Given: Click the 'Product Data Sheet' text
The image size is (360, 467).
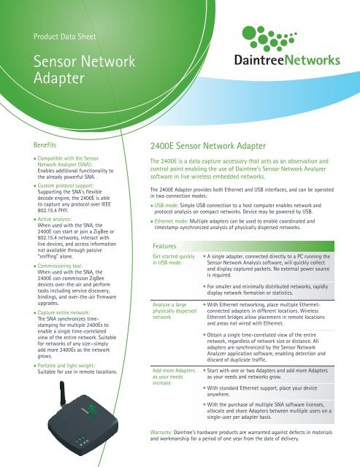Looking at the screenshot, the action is click(65, 36).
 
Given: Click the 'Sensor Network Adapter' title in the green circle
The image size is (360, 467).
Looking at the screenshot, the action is click(84, 69).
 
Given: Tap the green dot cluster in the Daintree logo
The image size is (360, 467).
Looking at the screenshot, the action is click(269, 39).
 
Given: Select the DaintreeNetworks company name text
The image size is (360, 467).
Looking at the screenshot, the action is click(287, 60).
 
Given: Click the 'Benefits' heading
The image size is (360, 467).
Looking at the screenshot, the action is click(45, 145).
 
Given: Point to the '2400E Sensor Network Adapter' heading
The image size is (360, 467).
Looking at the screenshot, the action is click(208, 146).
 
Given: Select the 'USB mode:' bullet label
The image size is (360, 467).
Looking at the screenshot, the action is click(166, 205).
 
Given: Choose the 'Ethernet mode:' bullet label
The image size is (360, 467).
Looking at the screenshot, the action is click(172, 221).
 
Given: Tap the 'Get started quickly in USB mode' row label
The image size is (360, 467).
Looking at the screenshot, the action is click(174, 260).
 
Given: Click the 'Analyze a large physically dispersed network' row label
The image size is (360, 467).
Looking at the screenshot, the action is click(175, 311).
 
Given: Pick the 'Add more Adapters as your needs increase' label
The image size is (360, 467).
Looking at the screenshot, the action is click(174, 377).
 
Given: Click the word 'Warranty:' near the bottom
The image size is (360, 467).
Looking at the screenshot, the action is click(161, 432).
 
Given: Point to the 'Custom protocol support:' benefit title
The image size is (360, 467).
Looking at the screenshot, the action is click(66, 185).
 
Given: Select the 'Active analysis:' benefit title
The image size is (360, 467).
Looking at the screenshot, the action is click(55, 219).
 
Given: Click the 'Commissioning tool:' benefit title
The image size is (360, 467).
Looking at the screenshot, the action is click(60, 266).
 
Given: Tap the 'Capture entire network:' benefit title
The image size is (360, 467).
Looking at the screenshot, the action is click(64, 312).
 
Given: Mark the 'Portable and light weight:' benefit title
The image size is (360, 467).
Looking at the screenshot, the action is click(66, 366).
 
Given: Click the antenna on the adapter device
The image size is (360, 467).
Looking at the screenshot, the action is click(63, 393).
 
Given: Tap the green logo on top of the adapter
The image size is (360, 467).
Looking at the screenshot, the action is click(92, 410).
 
